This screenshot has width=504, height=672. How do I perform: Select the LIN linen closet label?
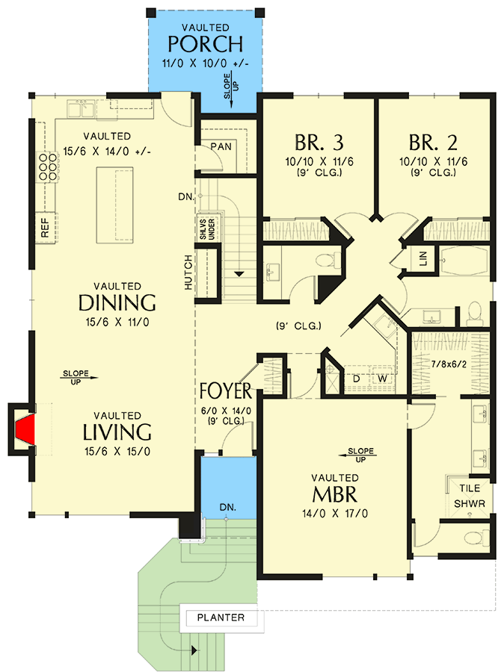424,260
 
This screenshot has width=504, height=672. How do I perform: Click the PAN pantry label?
220,147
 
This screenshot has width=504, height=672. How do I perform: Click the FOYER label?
229,392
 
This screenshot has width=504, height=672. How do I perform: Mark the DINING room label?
117,303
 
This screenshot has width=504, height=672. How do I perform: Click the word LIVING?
117,432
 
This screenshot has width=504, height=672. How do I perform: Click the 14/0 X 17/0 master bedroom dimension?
334,514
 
